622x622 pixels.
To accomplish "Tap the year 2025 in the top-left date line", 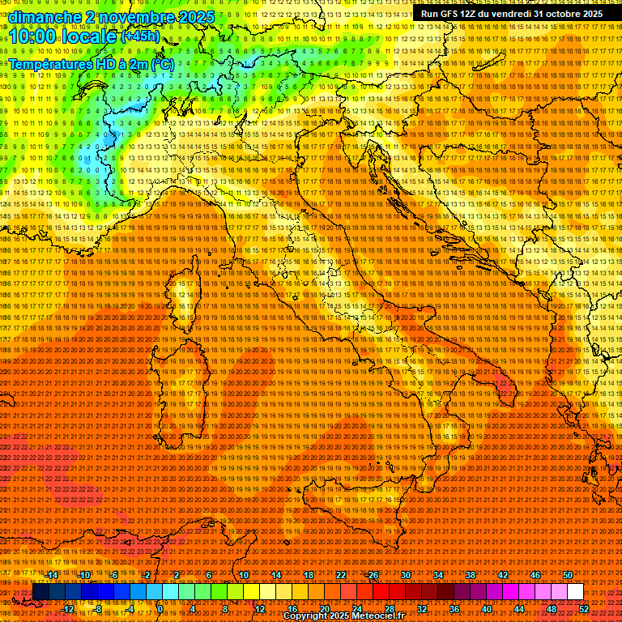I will [195, 17].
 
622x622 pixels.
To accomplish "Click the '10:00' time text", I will [35, 36].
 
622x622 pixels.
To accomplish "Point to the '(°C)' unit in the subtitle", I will [162, 63].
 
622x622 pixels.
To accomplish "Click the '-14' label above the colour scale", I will [52, 575].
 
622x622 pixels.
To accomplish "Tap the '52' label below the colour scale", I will [584, 609].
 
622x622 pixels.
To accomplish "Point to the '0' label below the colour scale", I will [160, 609].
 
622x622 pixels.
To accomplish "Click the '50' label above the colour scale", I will [568, 575].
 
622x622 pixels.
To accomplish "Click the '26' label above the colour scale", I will [373, 575].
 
